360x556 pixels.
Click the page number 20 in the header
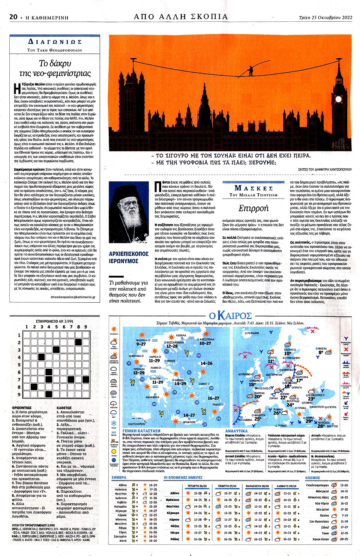(x=13, y=17)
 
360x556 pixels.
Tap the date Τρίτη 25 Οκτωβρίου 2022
(x=325, y=17)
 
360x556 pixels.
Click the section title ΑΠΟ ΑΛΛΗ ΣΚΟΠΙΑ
(x=181, y=16)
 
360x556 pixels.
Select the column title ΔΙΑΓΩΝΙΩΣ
(x=55, y=42)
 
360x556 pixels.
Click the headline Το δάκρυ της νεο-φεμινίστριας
(x=55, y=68)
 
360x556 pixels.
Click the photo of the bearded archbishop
(x=129, y=213)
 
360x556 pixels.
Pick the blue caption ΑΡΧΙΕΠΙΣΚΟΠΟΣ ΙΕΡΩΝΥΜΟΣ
(x=129, y=257)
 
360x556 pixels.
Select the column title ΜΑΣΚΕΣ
(x=253, y=188)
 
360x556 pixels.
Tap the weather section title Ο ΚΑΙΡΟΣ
(x=230, y=316)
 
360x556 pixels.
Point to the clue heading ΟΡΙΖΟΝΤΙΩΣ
(x=22, y=408)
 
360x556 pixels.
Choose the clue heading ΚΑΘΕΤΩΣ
(x=64, y=408)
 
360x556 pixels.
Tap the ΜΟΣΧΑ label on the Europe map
(x=322, y=348)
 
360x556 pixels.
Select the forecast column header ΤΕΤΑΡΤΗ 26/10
(x=197, y=486)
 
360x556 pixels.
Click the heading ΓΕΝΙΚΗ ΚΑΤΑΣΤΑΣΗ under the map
(x=141, y=431)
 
